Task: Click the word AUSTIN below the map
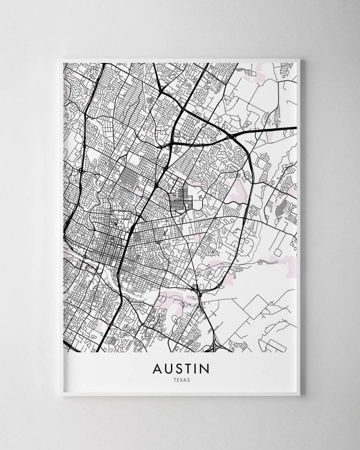(180, 368)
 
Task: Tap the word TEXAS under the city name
(180, 380)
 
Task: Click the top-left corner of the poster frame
(61, 59)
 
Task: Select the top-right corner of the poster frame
(299, 59)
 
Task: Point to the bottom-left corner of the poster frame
(61, 395)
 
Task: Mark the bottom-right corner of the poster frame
(299, 395)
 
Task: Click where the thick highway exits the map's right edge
(296, 127)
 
